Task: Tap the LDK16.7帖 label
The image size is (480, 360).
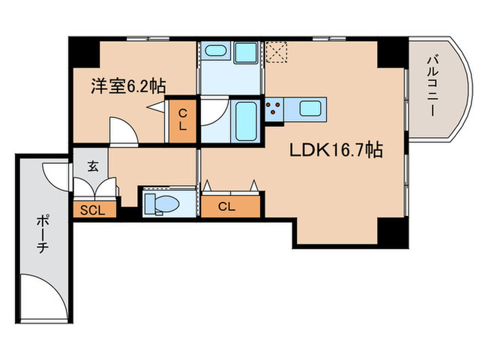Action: (x=335, y=150)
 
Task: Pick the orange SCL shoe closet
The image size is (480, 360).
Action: (x=93, y=210)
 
